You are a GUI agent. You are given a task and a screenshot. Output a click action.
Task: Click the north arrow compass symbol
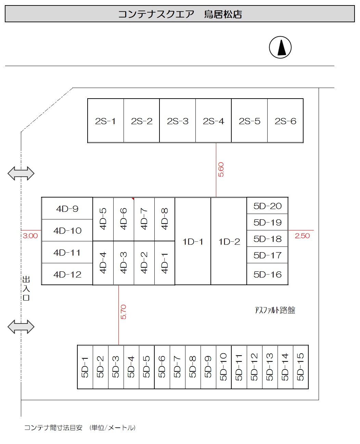(280, 47)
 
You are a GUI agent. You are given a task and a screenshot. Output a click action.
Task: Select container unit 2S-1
(105, 121)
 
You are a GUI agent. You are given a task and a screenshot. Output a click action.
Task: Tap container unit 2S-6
(285, 121)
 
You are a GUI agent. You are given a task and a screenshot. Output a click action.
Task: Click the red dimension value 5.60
(221, 169)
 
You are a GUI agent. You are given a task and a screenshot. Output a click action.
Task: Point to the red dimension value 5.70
(124, 312)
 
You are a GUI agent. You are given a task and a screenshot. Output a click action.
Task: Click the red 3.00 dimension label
(30, 236)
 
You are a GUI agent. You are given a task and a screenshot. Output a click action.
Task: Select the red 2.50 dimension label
(302, 236)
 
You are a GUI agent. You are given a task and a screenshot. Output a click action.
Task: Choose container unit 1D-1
(193, 241)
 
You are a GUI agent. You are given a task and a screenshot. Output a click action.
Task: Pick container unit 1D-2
(229, 241)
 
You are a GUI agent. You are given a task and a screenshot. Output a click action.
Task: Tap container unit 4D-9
(67, 208)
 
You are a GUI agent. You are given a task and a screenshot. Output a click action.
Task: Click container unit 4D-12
(67, 274)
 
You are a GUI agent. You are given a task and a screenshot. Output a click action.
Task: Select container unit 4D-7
(144, 219)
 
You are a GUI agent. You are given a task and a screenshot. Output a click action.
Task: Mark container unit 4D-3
(124, 263)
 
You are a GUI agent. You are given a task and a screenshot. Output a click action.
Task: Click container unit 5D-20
(267, 206)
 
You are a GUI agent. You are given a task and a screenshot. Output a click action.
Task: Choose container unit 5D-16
(267, 274)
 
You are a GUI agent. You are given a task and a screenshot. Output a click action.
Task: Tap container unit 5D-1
(85, 367)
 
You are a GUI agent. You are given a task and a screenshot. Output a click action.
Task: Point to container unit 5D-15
(300, 367)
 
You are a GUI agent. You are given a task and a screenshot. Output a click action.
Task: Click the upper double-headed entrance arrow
(21, 173)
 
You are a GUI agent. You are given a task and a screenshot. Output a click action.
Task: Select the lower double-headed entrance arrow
(21, 327)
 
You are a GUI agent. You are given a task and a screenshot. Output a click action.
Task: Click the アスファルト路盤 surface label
(275, 310)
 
